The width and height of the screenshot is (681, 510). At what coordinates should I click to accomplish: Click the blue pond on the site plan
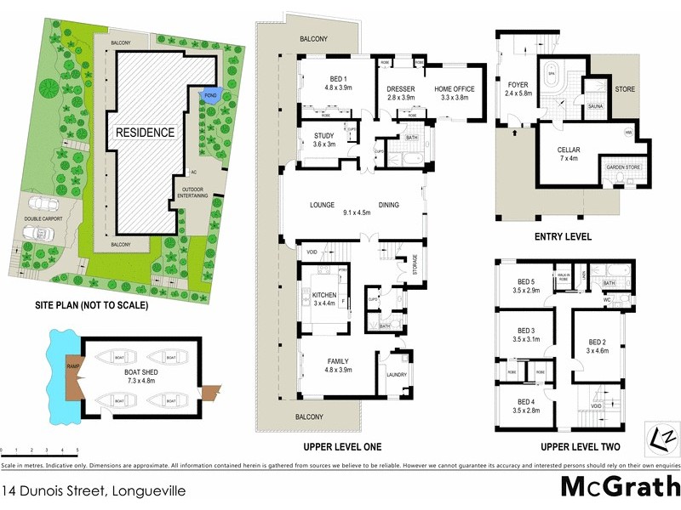[209, 94]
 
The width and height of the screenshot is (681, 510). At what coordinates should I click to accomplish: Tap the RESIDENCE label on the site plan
[146, 133]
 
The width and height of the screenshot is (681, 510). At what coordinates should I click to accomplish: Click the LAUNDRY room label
[396, 375]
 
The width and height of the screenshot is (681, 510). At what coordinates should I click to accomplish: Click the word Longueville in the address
[145, 490]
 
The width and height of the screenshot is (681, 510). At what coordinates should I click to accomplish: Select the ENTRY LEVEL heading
[561, 236]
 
